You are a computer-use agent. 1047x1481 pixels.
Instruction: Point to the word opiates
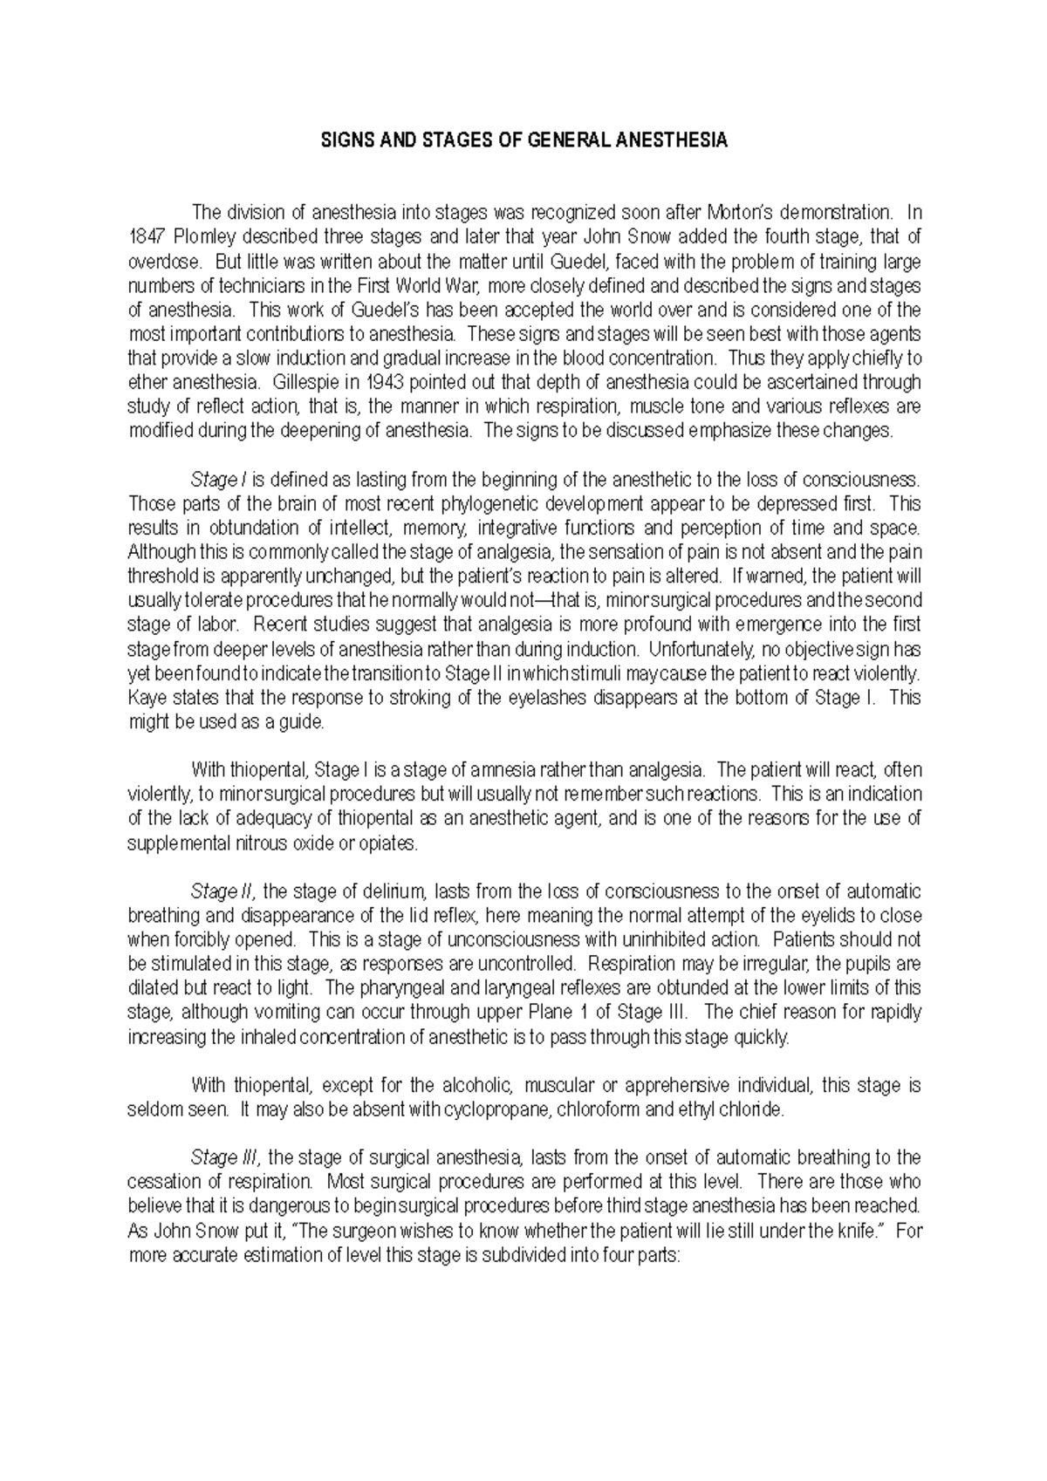click(393, 843)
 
